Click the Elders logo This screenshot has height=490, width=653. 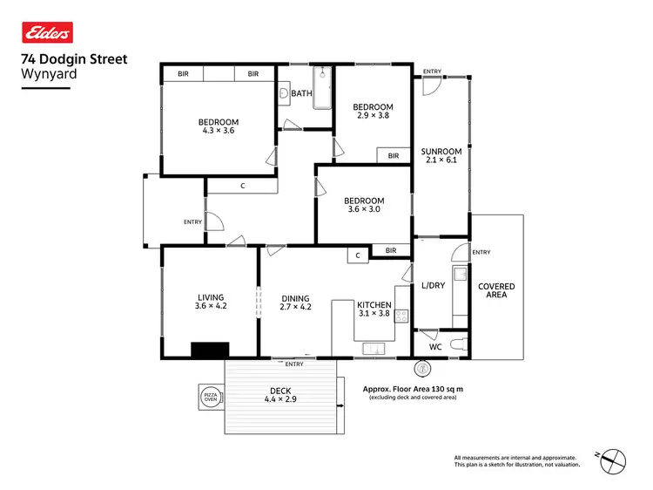pos(45,34)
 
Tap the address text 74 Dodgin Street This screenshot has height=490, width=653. pos(73,59)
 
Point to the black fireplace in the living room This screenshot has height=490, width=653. pos(210,350)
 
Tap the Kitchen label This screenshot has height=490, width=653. pos(374,304)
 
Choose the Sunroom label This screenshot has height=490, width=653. pos(441,151)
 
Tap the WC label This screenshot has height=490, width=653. pos(435,346)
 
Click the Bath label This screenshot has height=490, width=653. pos(301,93)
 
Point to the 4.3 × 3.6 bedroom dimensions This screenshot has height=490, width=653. pos(218,131)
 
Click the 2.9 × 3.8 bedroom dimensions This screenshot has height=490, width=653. pos(374,114)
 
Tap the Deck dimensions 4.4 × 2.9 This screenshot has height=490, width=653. pos(280,399)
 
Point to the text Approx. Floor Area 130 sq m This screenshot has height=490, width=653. pos(413,389)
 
